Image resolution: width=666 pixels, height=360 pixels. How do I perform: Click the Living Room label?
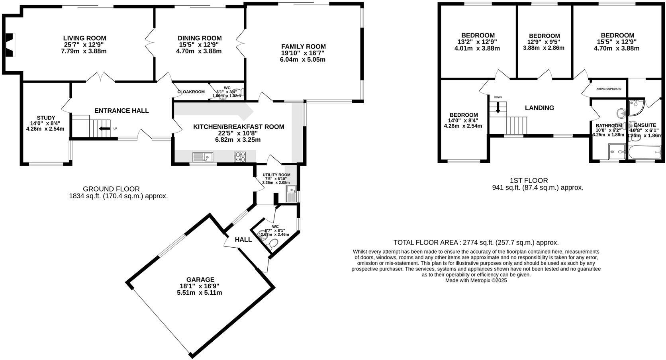tap(82, 38)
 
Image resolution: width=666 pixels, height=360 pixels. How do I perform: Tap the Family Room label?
tap(303, 47)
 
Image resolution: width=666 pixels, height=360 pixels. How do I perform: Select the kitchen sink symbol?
tap(203, 157)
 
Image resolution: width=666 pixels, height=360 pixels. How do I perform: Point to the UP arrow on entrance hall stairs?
tap(105, 129)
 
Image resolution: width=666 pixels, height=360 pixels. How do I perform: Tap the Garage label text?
tap(200, 280)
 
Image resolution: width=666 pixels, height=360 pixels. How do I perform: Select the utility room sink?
tap(291, 194)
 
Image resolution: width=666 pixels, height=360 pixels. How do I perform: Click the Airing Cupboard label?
tap(609, 89)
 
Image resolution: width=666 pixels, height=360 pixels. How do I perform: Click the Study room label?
tap(46, 118)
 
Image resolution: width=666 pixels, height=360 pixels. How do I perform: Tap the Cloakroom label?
tap(191, 92)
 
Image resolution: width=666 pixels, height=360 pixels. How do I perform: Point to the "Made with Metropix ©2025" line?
tap(476, 280)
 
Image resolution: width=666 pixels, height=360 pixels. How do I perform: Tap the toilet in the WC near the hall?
tap(274, 244)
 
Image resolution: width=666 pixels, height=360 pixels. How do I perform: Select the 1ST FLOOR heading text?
tap(529, 180)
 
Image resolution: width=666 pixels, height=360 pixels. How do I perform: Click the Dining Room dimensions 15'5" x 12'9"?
tap(199, 45)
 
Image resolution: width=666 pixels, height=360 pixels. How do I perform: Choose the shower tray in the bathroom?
tap(617, 152)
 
